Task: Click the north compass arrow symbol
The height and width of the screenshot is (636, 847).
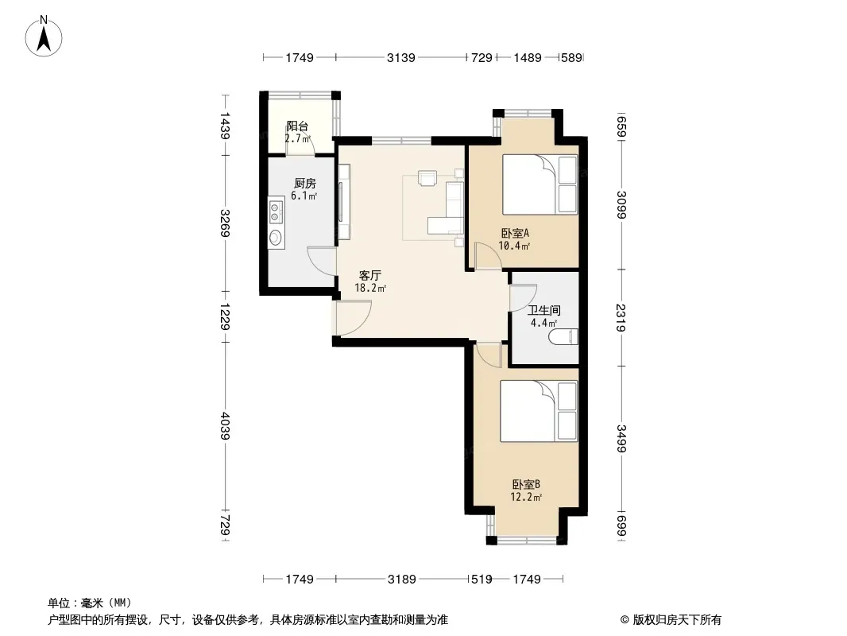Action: click(x=44, y=36)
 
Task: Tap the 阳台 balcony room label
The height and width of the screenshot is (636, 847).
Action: click(x=297, y=126)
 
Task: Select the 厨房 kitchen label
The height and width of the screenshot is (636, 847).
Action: click(x=304, y=183)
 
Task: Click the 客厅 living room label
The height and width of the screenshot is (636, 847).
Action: click(x=370, y=276)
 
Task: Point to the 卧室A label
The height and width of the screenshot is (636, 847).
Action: click(x=515, y=234)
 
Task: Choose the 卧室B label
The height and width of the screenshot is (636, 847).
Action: click(x=526, y=485)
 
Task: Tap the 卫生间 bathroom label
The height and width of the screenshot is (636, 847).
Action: click(x=544, y=311)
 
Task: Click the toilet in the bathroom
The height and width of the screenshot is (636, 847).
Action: click(x=563, y=336)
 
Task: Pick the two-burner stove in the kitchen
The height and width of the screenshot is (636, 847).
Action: click(x=276, y=211)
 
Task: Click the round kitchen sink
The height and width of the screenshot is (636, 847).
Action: click(x=276, y=237)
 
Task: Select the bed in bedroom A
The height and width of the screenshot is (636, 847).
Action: click(x=540, y=184)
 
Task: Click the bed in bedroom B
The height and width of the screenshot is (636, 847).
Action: click(x=539, y=411)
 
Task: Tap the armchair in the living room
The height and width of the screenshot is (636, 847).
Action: click(x=427, y=178)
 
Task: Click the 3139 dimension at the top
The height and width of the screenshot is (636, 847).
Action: click(x=400, y=57)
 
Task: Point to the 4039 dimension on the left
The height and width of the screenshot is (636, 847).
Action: click(x=225, y=426)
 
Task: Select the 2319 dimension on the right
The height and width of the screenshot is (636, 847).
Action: click(x=621, y=318)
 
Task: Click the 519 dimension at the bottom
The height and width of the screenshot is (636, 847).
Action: click(x=482, y=580)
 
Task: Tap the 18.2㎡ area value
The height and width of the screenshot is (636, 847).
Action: click(x=370, y=288)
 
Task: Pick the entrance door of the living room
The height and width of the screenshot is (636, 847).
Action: click(x=352, y=318)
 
